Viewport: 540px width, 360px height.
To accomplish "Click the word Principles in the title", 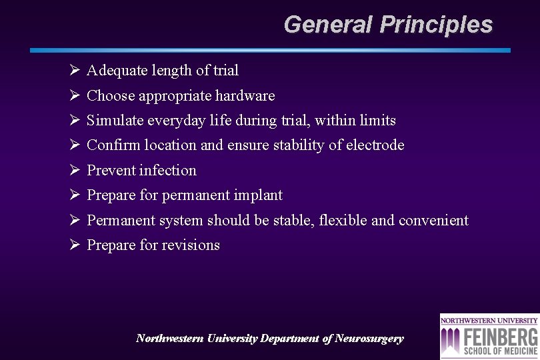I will pos(436,25).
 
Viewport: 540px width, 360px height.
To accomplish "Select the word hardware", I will pos(245,96).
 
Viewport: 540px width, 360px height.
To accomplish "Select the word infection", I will pos(168,171).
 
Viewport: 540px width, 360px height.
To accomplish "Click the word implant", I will pos(258,195).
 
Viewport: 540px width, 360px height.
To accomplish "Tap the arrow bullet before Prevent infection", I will pos(74,171).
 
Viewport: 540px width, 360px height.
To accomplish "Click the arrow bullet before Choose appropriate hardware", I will pos(74,96).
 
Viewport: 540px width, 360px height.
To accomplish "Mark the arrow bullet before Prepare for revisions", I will pos(74,245).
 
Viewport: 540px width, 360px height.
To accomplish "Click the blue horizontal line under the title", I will pos(270,50).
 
